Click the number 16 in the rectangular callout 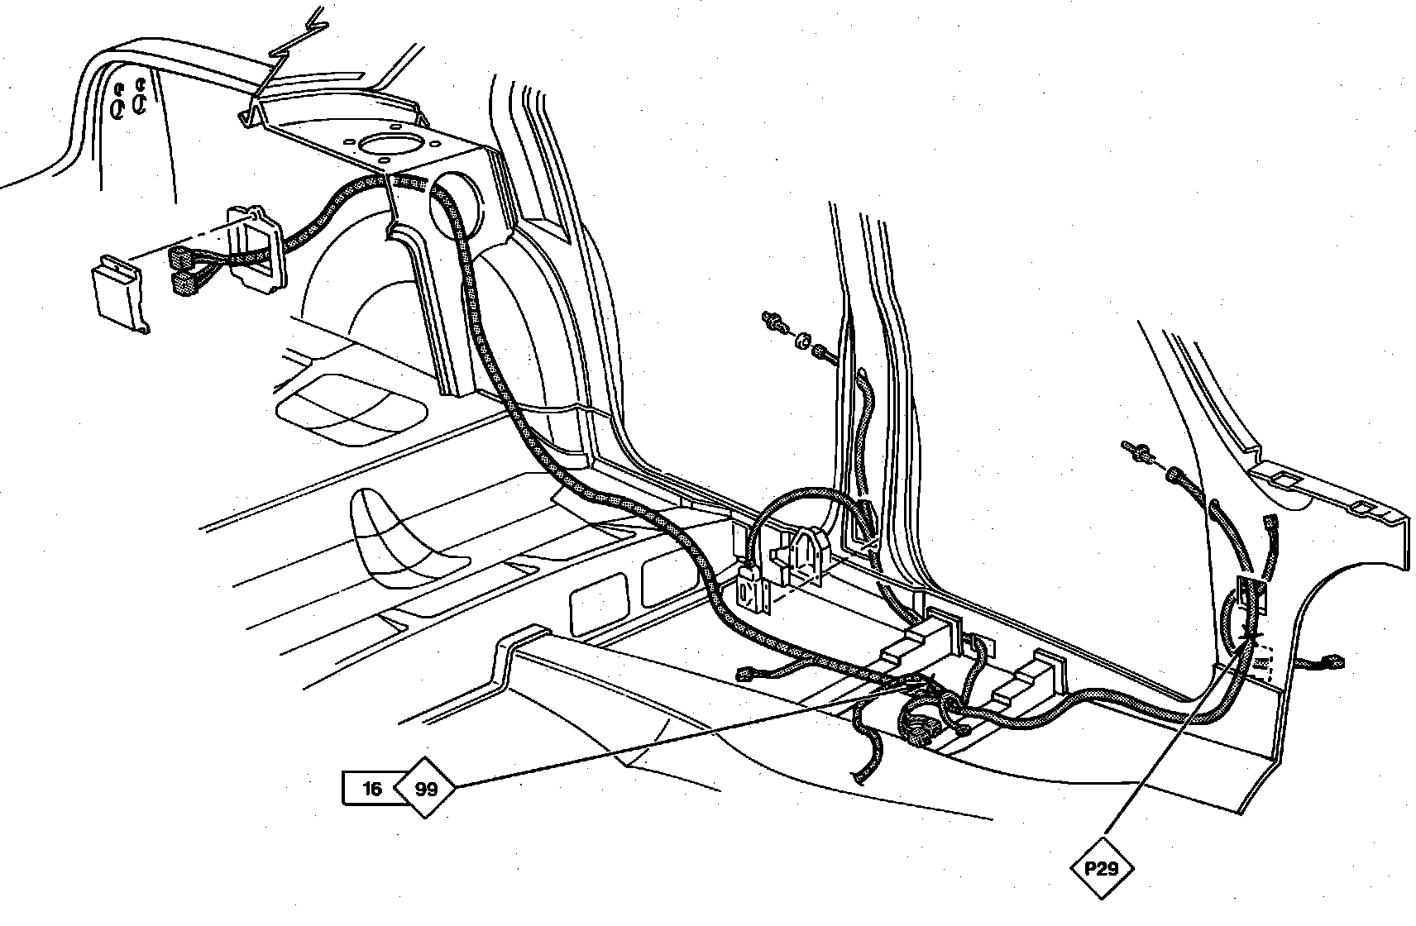371,789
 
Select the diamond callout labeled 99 426,789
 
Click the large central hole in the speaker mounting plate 388,148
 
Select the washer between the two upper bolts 801,339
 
